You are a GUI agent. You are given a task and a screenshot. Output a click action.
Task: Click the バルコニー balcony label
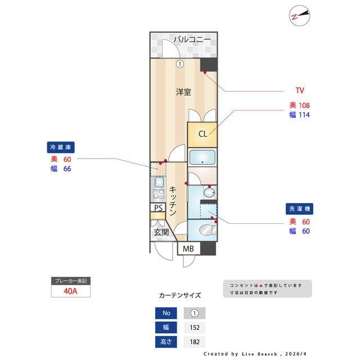point(191,39)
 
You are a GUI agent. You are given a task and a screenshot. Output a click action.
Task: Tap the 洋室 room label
point(183,92)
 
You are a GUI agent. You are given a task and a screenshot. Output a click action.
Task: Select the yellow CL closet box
point(202,134)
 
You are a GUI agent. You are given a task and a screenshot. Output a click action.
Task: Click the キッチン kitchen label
point(174,201)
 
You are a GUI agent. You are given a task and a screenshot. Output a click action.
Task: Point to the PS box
point(158,208)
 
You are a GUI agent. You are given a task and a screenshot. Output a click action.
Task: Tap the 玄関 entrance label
point(160,232)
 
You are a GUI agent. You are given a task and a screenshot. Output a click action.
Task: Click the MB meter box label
point(188,249)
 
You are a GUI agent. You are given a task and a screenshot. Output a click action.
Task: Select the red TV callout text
point(300,90)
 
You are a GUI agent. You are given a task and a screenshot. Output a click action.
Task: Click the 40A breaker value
point(71,291)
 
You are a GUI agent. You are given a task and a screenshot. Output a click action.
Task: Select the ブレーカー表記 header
point(71,281)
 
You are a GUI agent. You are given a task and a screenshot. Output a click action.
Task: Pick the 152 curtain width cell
point(195,327)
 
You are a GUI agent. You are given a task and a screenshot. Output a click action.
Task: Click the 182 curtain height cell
point(195,341)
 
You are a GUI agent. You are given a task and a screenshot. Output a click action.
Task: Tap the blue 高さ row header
point(166,341)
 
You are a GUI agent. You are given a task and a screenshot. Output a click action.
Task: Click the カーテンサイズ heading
point(179,295)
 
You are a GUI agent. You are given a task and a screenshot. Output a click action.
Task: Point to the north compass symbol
point(299,16)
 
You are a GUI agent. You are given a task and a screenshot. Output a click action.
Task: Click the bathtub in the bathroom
point(202,157)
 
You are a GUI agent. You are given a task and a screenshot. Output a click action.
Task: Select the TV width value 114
point(304,115)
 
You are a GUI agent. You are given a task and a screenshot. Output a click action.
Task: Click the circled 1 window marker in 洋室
point(179,64)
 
